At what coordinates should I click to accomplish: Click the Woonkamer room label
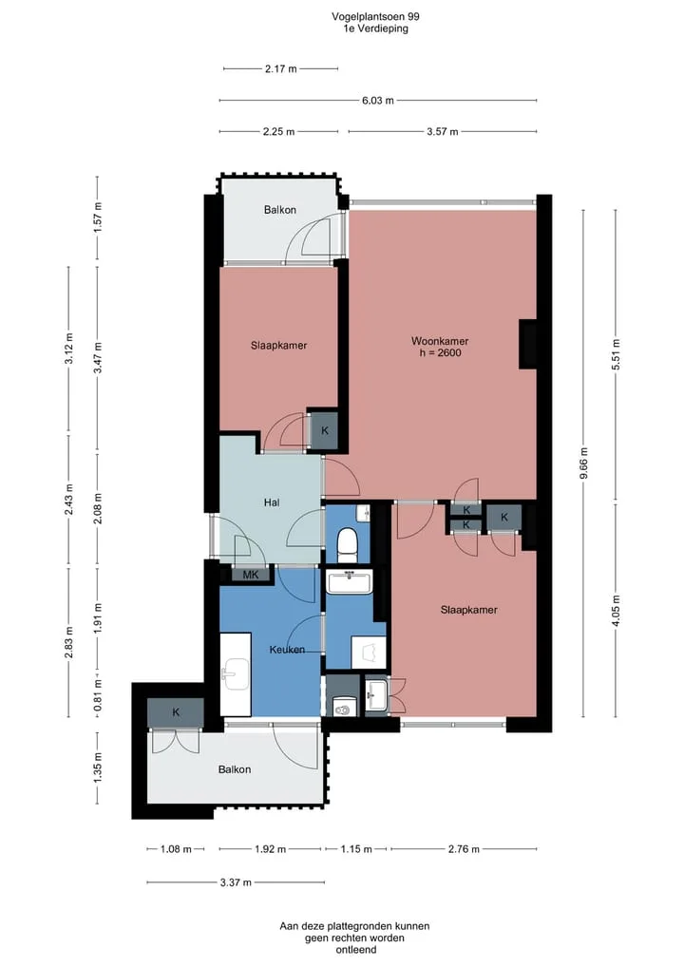(x=440, y=341)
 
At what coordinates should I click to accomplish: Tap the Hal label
(x=272, y=502)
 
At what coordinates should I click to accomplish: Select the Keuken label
(x=287, y=650)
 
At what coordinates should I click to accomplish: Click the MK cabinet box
(x=251, y=575)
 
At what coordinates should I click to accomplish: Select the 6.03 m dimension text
(x=378, y=101)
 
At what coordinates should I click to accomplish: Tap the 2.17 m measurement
(x=281, y=69)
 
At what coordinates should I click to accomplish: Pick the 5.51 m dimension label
(x=617, y=354)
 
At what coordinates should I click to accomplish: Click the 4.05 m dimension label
(x=617, y=611)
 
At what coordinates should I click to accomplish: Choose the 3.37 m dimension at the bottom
(x=236, y=882)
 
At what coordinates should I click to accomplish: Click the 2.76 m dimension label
(x=464, y=849)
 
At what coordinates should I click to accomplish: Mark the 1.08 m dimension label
(x=177, y=849)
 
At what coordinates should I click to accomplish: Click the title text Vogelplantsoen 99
(x=376, y=17)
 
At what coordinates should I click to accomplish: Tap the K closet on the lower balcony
(x=176, y=712)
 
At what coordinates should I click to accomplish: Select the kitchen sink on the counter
(x=236, y=673)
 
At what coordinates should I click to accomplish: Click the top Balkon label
(x=279, y=210)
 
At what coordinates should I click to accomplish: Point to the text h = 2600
(x=440, y=353)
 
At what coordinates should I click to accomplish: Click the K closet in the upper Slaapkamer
(x=324, y=430)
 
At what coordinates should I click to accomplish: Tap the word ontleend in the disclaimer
(x=355, y=949)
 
